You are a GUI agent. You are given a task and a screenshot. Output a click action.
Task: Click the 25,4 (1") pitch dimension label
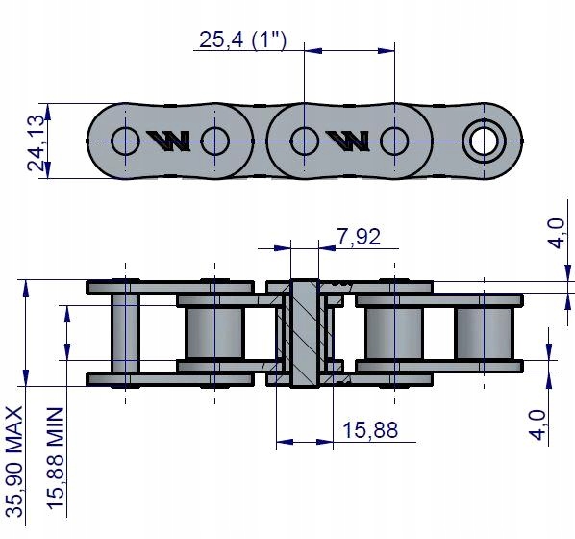(x=242, y=39)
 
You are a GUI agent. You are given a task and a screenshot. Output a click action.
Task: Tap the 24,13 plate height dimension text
(x=37, y=143)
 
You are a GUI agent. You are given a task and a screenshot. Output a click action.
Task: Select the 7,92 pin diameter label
(x=359, y=237)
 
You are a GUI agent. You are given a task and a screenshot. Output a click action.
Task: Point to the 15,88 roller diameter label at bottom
(x=370, y=430)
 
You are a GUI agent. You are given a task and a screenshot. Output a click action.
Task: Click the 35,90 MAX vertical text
(x=15, y=462)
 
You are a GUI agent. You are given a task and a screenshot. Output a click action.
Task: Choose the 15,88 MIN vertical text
(x=56, y=457)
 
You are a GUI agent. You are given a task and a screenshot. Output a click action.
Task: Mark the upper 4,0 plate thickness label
(x=558, y=234)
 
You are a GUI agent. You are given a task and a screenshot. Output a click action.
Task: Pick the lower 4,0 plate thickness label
(x=537, y=424)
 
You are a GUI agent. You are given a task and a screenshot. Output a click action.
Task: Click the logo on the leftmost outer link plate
(x=168, y=141)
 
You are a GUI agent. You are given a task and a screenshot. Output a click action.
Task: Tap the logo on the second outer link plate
(x=347, y=141)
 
